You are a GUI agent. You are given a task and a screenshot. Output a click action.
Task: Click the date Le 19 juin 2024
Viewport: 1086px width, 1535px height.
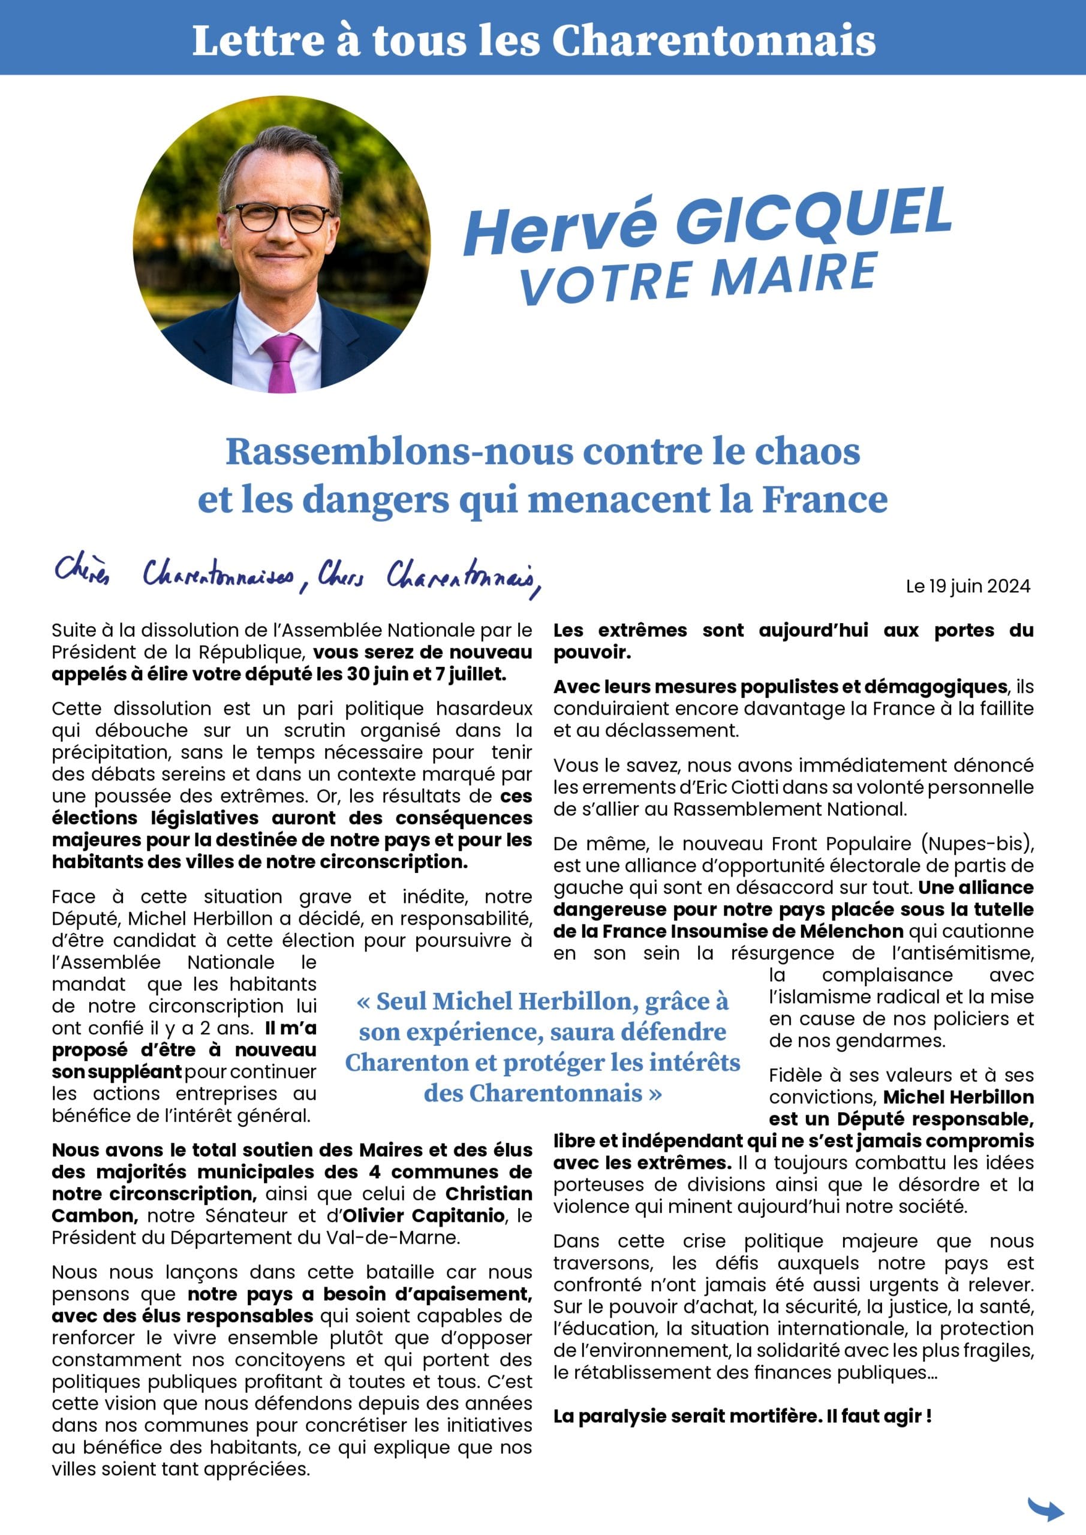tap(968, 586)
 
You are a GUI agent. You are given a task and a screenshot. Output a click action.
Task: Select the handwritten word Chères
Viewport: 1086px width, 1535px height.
tap(82, 571)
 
